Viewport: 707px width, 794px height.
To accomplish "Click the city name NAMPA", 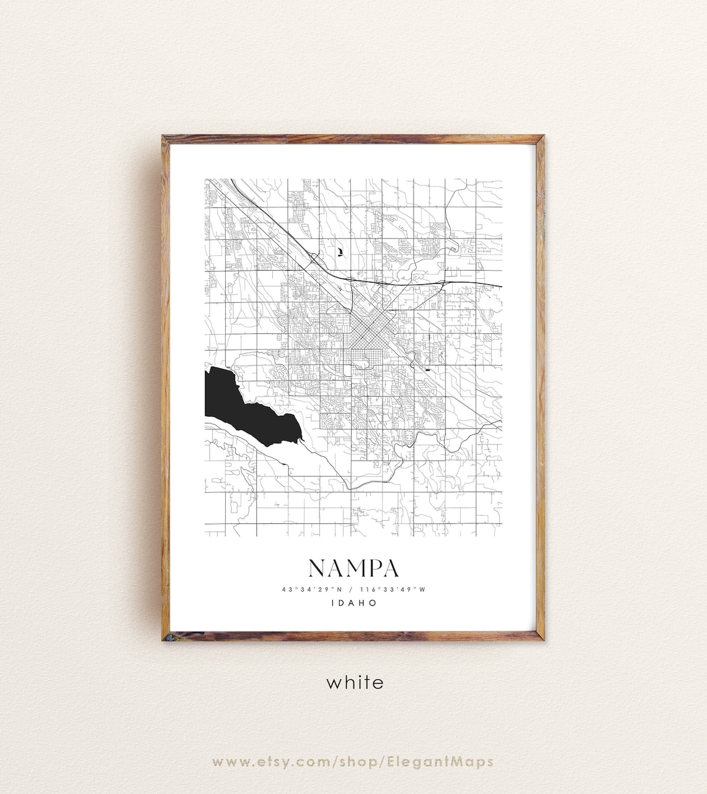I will tap(353, 568).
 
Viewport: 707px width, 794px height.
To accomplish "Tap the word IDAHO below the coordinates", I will tap(353, 603).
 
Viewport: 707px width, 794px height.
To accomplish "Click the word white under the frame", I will tap(355, 682).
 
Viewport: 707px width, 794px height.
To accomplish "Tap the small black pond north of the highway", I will tap(340, 251).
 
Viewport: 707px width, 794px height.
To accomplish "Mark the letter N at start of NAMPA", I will tap(317, 568).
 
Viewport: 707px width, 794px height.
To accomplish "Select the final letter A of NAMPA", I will tap(390, 568).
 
